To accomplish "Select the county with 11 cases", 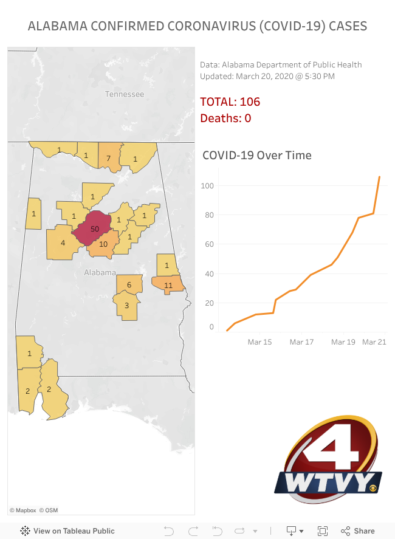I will tap(168, 284).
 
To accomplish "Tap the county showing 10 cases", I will tap(103, 244).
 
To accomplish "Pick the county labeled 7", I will tap(108, 158).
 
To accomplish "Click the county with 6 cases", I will tap(129, 284).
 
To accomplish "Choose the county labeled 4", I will tap(63, 243).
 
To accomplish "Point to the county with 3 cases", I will tap(127, 305).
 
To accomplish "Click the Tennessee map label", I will tap(125, 94).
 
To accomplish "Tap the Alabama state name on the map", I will tap(100, 273).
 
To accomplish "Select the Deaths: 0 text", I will tap(225, 118).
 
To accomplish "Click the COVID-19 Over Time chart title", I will tap(257, 155).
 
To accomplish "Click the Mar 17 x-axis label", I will tap(301, 342).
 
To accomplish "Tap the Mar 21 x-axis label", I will tap(374, 342).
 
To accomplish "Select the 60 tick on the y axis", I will tap(209, 244).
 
